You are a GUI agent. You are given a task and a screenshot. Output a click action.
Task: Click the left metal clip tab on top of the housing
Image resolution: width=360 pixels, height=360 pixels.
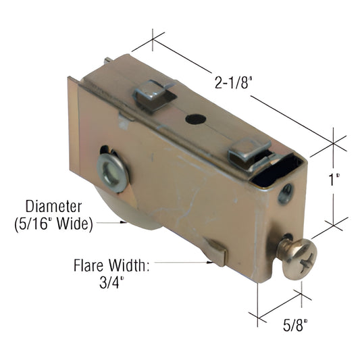(153, 95)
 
